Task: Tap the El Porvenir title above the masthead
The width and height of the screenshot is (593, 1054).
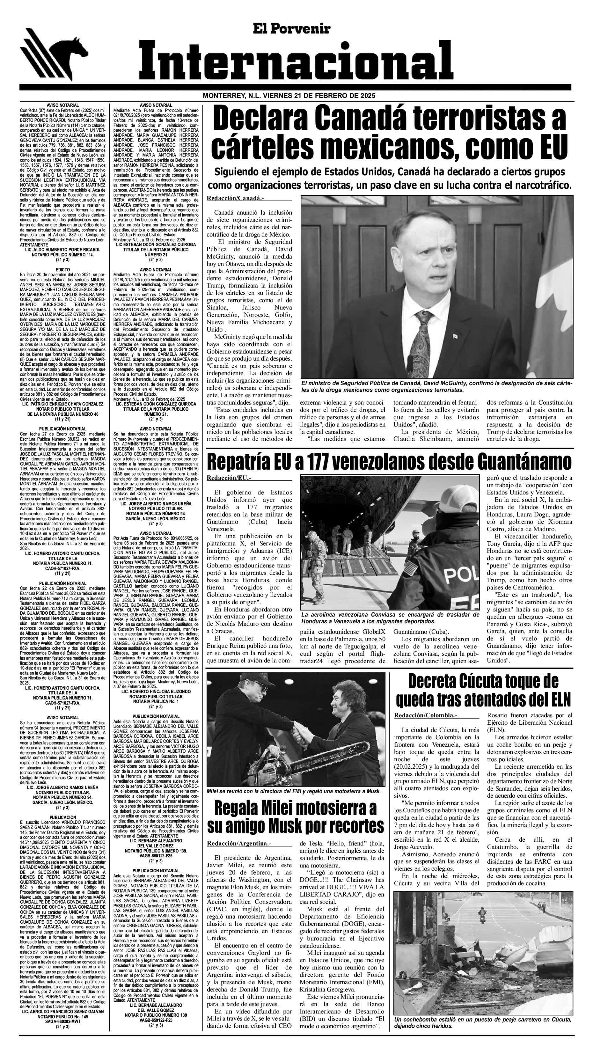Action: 291,29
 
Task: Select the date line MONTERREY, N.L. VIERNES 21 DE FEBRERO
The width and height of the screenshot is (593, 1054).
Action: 289,95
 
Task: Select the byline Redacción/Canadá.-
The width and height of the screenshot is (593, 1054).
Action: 235,198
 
